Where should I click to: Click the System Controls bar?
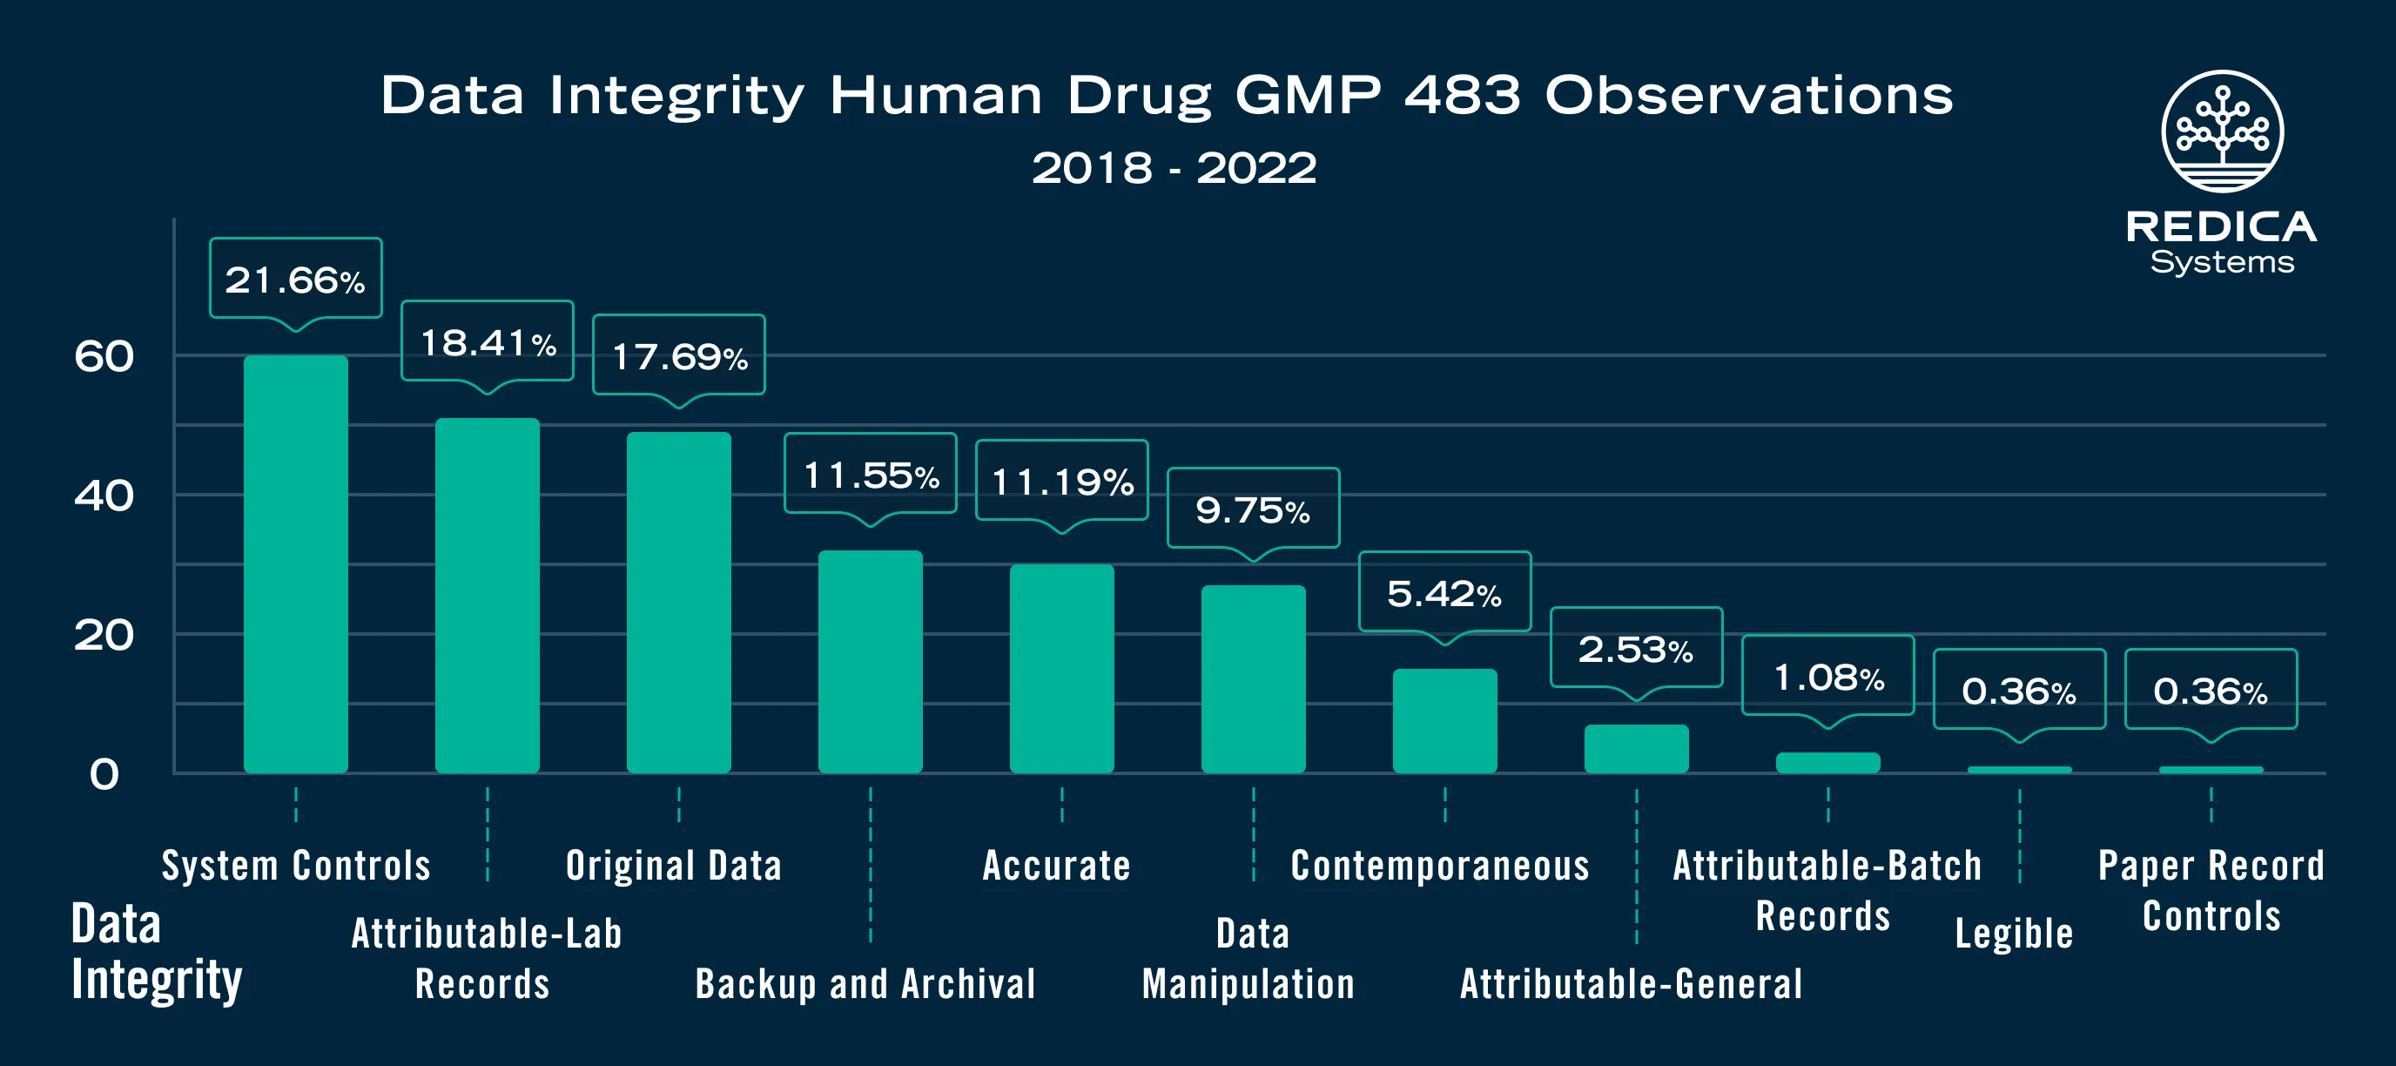(296, 563)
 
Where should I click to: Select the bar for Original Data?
(678, 602)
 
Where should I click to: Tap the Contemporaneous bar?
(1444, 720)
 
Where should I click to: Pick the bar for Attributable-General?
(1636, 748)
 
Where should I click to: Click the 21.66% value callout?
(296, 279)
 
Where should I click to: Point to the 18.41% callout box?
(488, 341)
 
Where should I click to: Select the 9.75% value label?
(1253, 509)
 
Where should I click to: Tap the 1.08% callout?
(1827, 676)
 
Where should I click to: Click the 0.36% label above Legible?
(2019, 691)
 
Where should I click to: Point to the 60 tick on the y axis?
(104, 356)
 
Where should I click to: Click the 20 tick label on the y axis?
(104, 635)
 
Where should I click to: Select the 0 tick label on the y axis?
(104, 774)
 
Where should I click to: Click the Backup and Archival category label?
(865, 983)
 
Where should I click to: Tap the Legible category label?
(2014, 933)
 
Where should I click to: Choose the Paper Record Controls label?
(2211, 890)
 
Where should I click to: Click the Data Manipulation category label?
(1248, 958)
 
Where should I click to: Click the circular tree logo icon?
(2222, 132)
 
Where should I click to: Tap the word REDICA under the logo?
(2221, 227)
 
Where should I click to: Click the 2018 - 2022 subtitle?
(1174, 168)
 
